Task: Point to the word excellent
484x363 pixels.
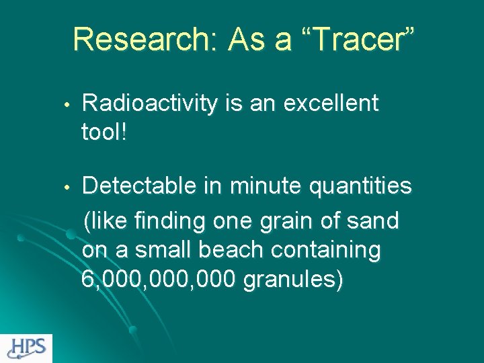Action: pos(331,104)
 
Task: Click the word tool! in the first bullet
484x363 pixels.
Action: pos(105,132)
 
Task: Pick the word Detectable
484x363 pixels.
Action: pos(140,186)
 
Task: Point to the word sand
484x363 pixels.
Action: pos(376,220)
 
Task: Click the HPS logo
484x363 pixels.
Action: pos(26,348)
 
